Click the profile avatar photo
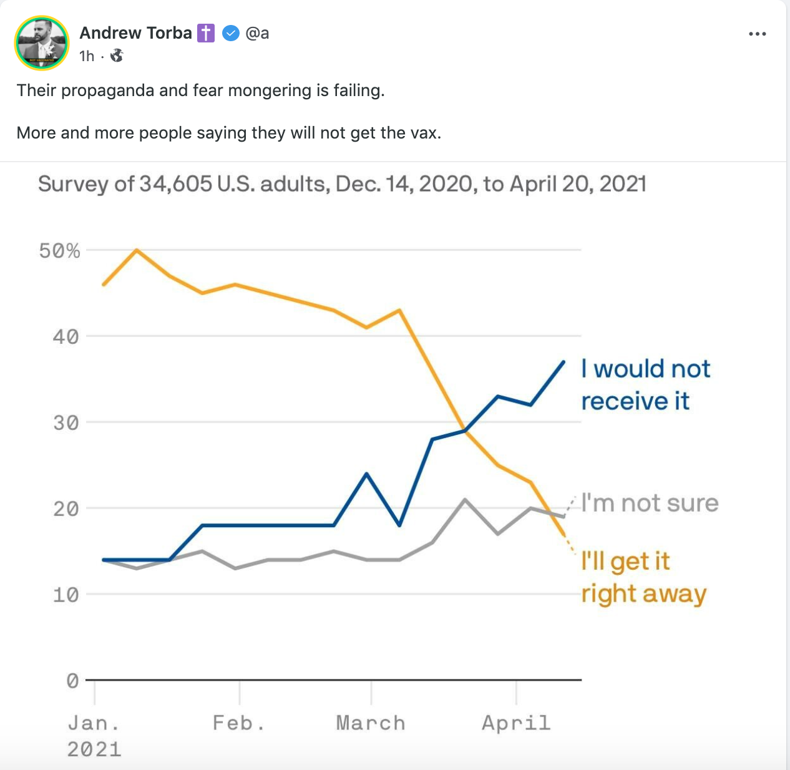[x=42, y=42]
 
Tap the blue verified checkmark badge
[x=231, y=33]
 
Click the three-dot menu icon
[x=757, y=34]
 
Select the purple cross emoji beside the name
[x=206, y=33]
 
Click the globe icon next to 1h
[x=117, y=56]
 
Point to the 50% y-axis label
[x=60, y=251]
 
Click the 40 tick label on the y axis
[x=66, y=337]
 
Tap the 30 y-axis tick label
[x=66, y=423]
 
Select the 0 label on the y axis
[x=72, y=681]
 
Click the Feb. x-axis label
[x=239, y=723]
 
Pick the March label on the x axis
[x=371, y=723]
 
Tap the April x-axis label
[x=516, y=723]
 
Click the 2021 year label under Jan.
[x=94, y=749]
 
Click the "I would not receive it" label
[x=645, y=385]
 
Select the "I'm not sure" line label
[x=650, y=503]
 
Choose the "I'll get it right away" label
[x=643, y=578]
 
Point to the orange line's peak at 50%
[x=137, y=250]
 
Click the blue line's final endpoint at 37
[x=564, y=361]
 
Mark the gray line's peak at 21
[x=465, y=499]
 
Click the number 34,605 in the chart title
[x=175, y=184]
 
